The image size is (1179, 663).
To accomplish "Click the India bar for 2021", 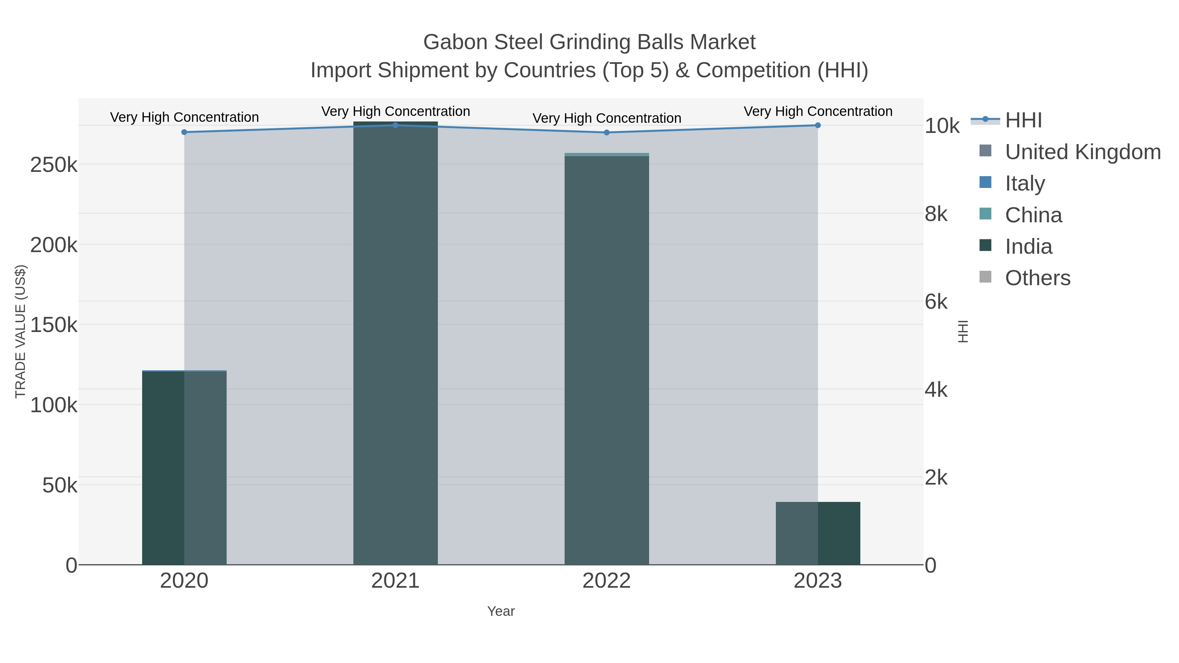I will pos(395,343).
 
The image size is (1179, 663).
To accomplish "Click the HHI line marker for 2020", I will pos(184,132).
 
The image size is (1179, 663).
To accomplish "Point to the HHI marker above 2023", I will pos(818,125).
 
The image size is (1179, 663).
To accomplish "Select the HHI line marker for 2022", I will pos(607,133).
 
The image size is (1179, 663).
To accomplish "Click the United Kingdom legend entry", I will pos(1082,152).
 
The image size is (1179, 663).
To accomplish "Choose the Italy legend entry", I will pos(1025,183).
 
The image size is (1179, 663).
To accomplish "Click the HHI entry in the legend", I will pos(1023,120).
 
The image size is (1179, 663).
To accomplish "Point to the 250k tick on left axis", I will pos(54,165).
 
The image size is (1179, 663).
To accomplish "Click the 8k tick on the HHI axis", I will pos(936,214).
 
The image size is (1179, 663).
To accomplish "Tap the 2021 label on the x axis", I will pos(395,581).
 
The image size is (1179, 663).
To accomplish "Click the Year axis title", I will pos(501,611).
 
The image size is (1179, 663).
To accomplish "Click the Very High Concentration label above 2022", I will pos(607,118).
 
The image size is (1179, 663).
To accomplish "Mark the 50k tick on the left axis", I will pos(60,486).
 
